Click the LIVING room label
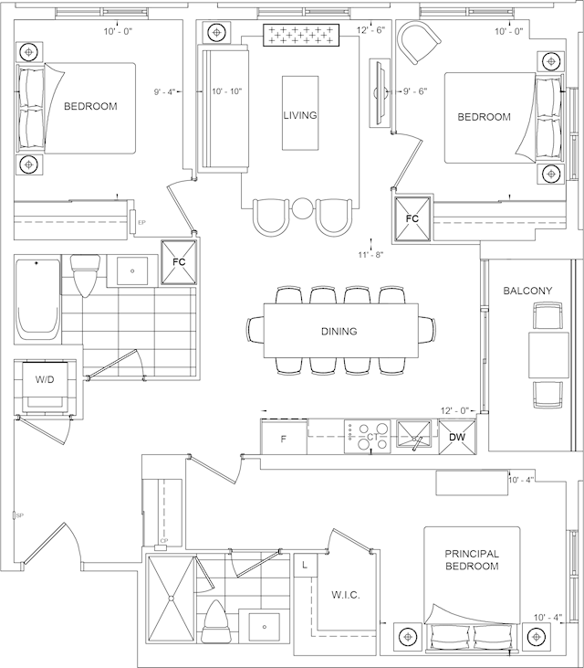click(x=300, y=115)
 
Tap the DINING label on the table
click(x=339, y=331)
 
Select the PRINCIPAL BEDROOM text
click(x=471, y=559)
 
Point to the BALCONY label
click(x=527, y=291)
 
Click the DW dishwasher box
click(x=457, y=438)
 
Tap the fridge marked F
click(x=284, y=439)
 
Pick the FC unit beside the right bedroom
click(x=412, y=218)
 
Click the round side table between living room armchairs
click(x=302, y=209)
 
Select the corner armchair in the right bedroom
click(x=419, y=43)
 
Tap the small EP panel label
click(x=141, y=222)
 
